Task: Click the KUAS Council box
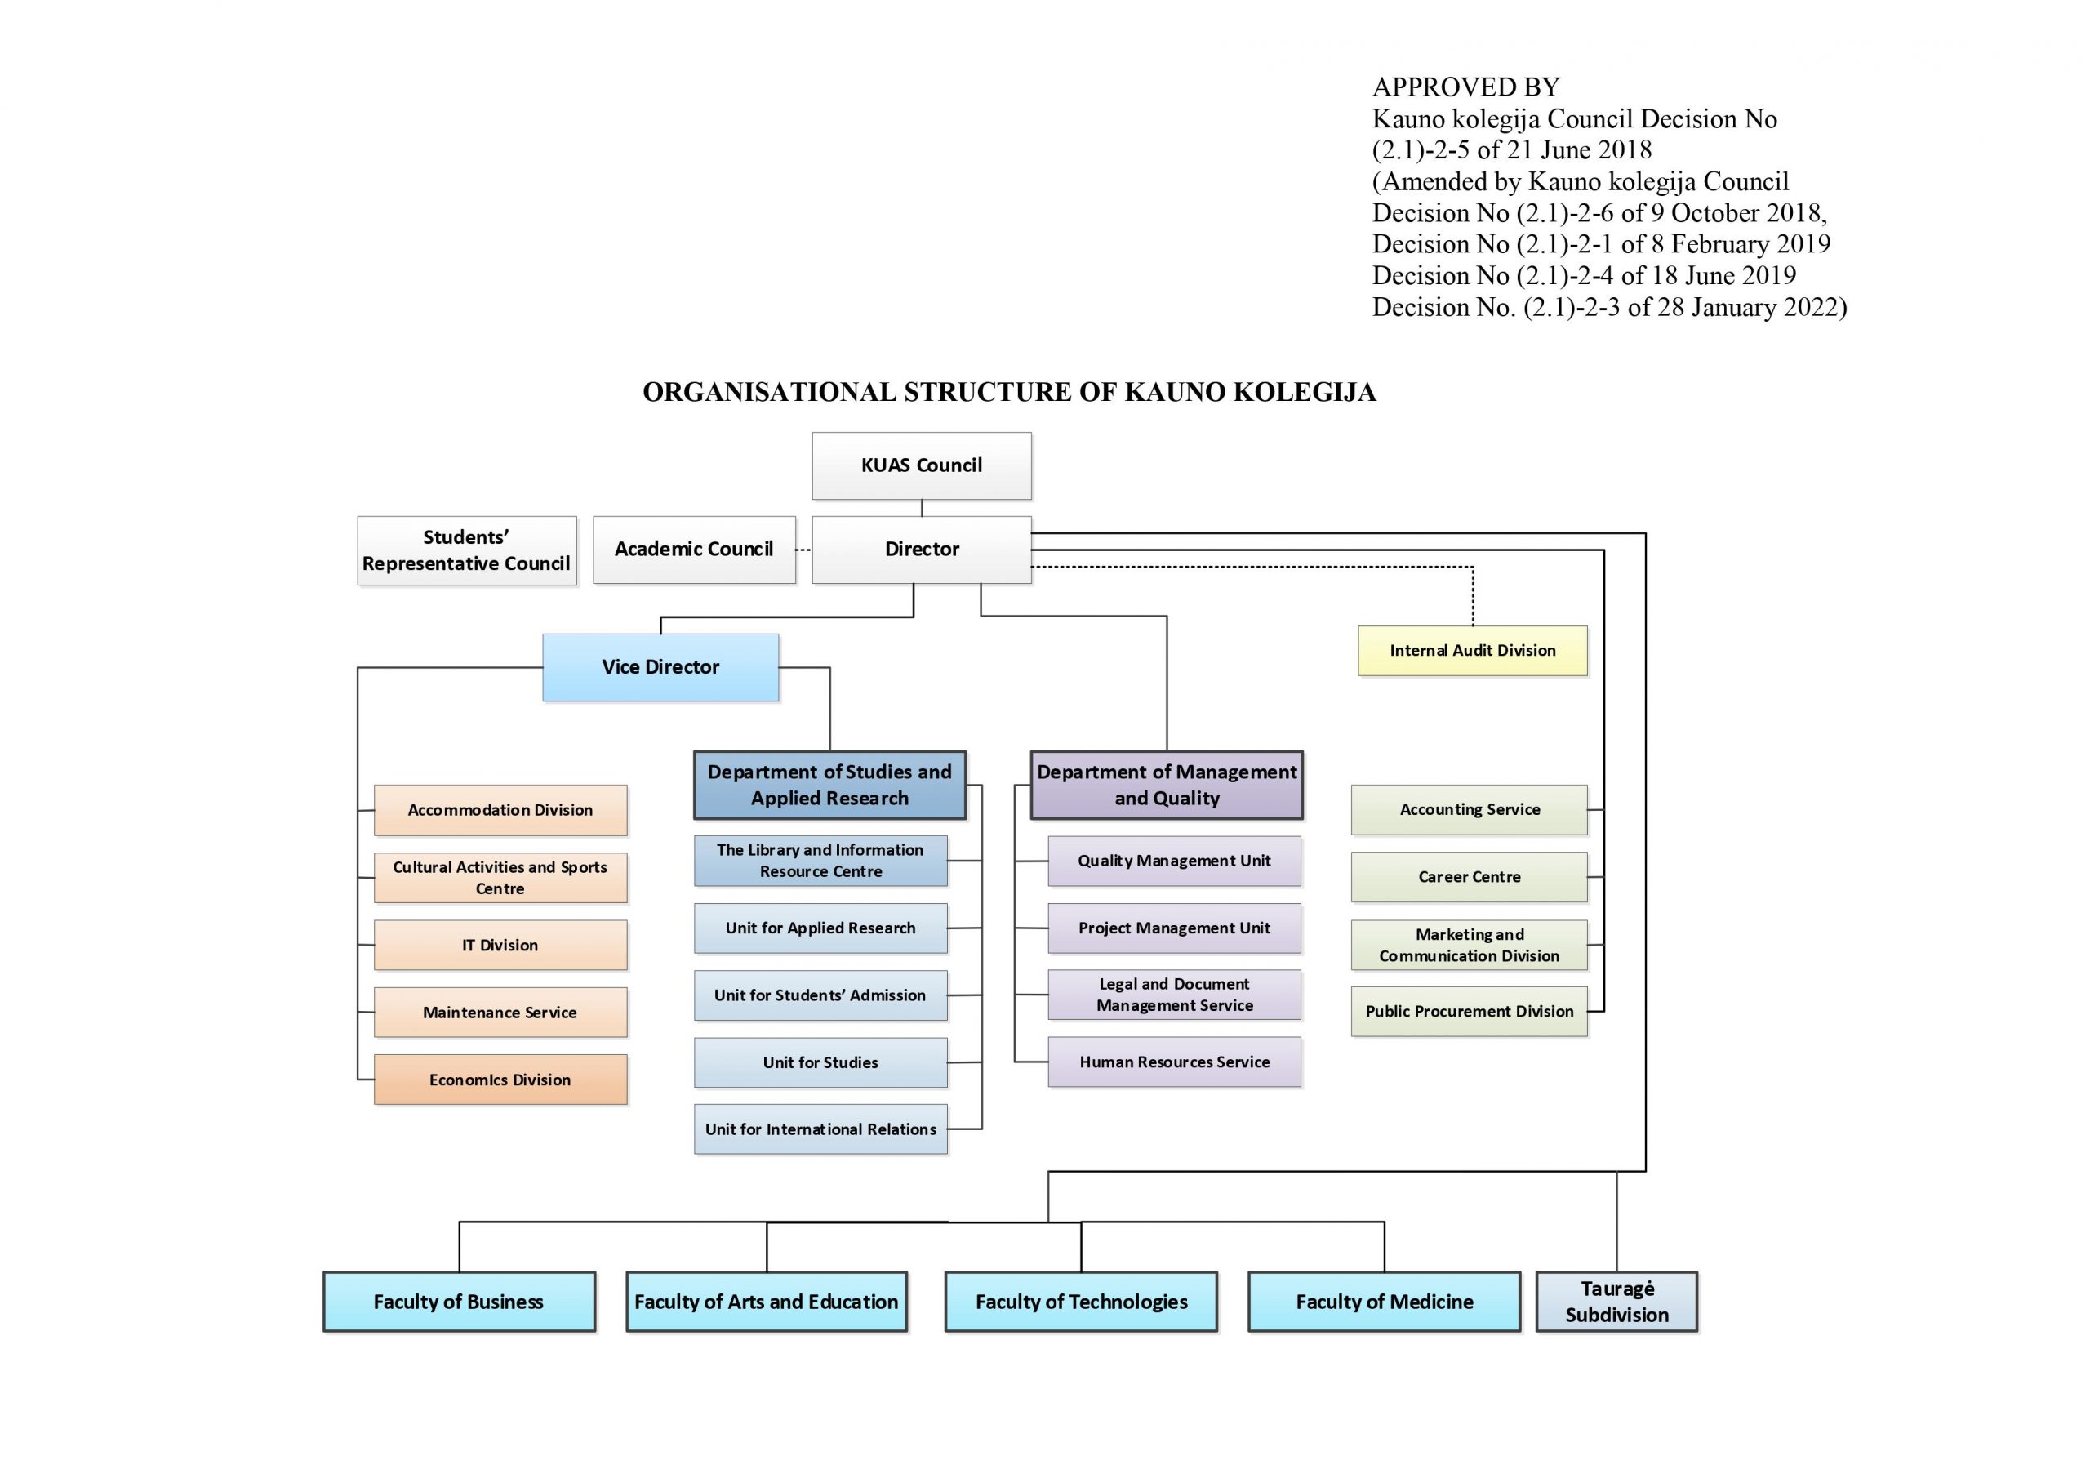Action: pos(921,465)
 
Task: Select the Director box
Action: pos(921,549)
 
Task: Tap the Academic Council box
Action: pos(694,549)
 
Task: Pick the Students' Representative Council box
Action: pos(466,550)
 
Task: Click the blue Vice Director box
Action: pos(660,666)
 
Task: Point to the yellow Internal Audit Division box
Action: pos(1472,650)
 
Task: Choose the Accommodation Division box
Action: pos(500,809)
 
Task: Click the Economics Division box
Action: pos(500,1080)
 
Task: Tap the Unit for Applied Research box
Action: pos(820,928)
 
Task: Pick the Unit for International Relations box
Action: pos(820,1129)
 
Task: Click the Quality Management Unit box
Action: pos(1173,861)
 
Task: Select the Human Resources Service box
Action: pos(1173,1062)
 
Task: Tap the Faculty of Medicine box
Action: pos(1384,1302)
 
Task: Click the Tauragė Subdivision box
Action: pos(1616,1302)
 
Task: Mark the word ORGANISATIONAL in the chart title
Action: pos(768,393)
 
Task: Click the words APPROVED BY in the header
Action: pos(1465,87)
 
